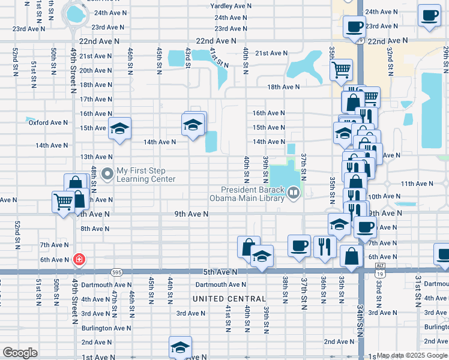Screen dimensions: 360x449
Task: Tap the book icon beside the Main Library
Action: [x=294, y=193]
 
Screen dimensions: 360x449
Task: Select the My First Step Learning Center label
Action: [x=146, y=175]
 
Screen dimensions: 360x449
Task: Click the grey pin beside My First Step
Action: [x=107, y=175]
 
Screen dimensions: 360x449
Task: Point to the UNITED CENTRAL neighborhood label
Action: [x=229, y=299]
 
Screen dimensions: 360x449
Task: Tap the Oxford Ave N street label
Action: [x=48, y=122]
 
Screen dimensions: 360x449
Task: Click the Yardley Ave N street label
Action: [x=231, y=5]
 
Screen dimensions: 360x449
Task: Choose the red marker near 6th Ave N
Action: [x=79, y=260]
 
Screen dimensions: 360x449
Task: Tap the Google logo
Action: [x=20, y=353]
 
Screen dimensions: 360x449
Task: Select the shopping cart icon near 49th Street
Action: [x=63, y=202]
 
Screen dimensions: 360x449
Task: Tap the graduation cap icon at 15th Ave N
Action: [x=120, y=128]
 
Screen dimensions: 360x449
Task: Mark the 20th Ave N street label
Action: [x=95, y=71]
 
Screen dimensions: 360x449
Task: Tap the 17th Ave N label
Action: [x=95, y=100]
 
